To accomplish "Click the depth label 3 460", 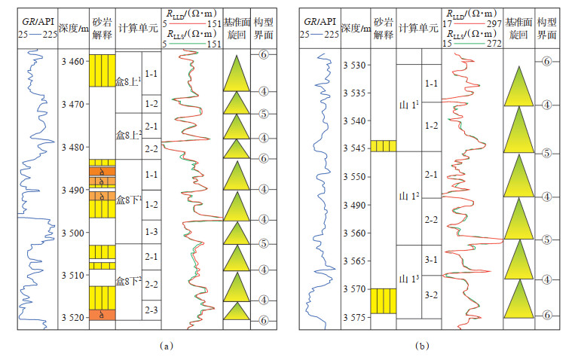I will [73, 61].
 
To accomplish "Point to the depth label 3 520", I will [73, 318].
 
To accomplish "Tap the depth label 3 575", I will [354, 317].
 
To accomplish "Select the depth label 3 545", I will [354, 148].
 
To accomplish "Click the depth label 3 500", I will [73, 233].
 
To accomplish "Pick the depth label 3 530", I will [354, 66].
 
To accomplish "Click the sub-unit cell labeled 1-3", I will [151, 232].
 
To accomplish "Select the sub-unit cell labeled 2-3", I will [151, 310].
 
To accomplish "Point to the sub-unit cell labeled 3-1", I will [431, 260].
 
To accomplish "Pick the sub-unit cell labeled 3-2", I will [431, 294].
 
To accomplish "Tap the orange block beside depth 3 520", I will [102, 316].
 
